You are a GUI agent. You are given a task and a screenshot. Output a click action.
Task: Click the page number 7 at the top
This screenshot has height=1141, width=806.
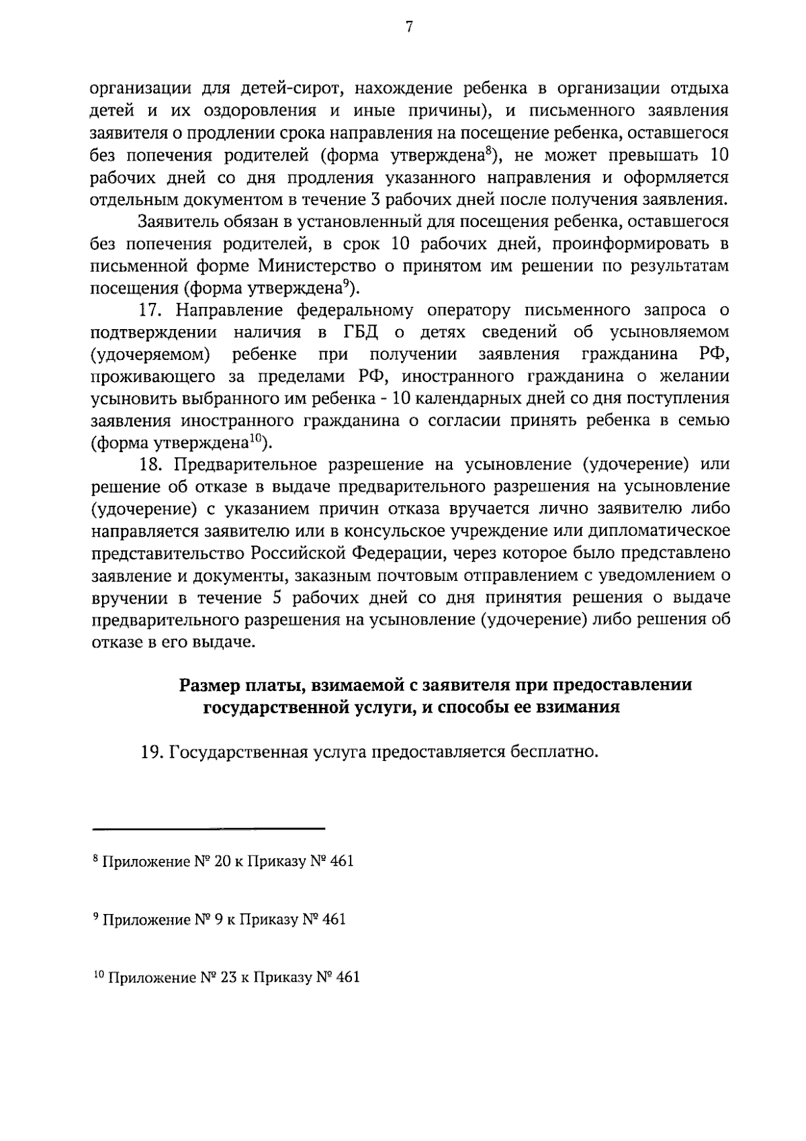(x=408, y=27)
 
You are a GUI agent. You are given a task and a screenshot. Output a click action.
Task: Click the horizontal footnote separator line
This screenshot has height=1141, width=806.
(x=208, y=828)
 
